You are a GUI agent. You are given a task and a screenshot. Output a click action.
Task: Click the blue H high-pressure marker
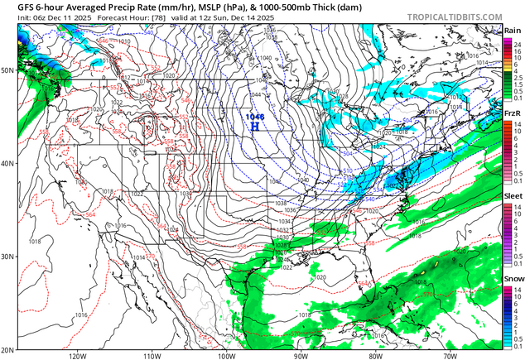256,127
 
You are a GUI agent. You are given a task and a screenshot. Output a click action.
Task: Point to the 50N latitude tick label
7,70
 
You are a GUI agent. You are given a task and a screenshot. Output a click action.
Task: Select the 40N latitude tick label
7,163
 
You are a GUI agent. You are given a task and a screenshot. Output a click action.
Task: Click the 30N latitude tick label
7,256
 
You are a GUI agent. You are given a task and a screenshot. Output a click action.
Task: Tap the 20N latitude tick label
7,348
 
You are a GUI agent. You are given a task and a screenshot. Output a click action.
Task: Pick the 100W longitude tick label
226,355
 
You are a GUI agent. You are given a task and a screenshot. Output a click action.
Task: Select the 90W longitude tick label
301,355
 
